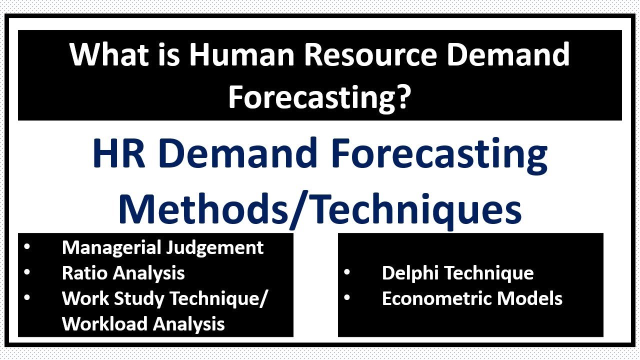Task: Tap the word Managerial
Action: pos(109,247)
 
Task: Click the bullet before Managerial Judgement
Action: pos(26,246)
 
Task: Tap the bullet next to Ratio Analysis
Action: pos(26,272)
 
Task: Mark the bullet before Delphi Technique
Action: pos(346,272)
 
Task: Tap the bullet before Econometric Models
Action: pos(346,297)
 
